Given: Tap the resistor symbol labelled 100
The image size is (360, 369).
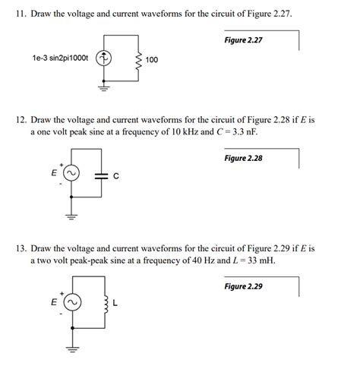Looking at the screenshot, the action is tap(137, 58).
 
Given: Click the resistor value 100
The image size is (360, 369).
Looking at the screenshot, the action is tap(151, 58).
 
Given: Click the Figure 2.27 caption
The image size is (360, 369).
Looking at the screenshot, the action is tap(244, 39).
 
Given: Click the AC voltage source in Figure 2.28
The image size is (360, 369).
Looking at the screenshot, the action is tap(72, 175).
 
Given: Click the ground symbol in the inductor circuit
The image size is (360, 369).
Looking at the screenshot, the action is tap(72, 348).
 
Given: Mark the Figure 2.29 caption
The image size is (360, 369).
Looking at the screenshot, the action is tap(244, 286).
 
